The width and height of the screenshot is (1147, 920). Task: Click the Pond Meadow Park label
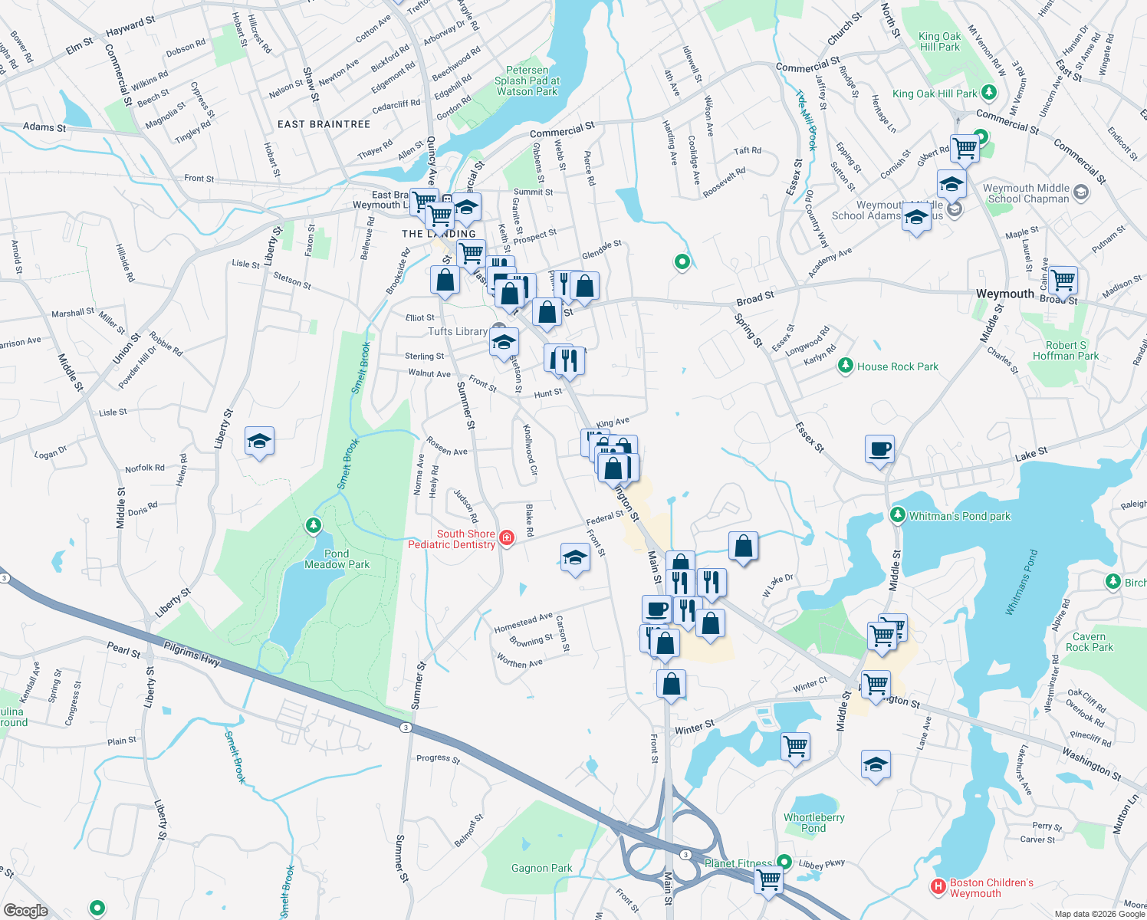pyautogui.click(x=337, y=559)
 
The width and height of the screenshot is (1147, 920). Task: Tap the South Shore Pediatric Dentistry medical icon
pyautogui.click(x=507, y=538)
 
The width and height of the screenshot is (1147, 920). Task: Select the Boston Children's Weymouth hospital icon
pyautogui.click(x=938, y=887)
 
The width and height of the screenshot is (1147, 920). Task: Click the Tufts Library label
pyautogui.click(x=458, y=331)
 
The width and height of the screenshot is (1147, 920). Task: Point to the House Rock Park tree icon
pyautogui.click(x=846, y=366)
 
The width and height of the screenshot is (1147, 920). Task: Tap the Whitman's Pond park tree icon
pyautogui.click(x=898, y=515)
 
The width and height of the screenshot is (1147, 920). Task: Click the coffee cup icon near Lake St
pyautogui.click(x=879, y=449)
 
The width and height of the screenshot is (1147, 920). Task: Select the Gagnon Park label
pyautogui.click(x=541, y=868)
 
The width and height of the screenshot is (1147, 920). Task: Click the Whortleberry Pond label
pyautogui.click(x=813, y=823)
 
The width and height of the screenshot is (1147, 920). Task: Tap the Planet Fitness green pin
pyautogui.click(x=784, y=862)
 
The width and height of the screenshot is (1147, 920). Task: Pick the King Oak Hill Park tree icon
pyautogui.click(x=989, y=93)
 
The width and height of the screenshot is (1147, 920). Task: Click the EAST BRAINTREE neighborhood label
pyautogui.click(x=324, y=124)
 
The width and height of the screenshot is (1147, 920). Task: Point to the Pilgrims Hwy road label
pyautogui.click(x=192, y=655)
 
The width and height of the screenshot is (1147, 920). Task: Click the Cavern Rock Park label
pyautogui.click(x=1089, y=642)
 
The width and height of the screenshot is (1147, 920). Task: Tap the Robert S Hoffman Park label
pyautogui.click(x=1066, y=350)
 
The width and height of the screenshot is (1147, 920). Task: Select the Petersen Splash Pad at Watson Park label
pyautogui.click(x=527, y=80)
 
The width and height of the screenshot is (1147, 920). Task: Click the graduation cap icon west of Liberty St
pyautogui.click(x=259, y=442)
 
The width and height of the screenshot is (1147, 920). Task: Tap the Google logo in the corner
pyautogui.click(x=25, y=910)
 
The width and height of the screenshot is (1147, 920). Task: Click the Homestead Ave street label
pyautogui.click(x=523, y=622)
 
